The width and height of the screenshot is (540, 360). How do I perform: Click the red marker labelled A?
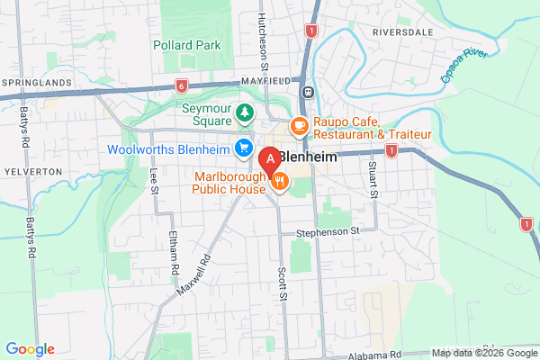(x=268, y=159)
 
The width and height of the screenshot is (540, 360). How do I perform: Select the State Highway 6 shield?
(x=181, y=85)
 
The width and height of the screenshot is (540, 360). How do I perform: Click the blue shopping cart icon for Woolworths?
(x=242, y=148)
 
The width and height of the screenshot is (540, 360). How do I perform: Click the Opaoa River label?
(x=463, y=66)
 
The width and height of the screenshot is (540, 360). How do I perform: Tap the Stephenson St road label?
(x=328, y=231)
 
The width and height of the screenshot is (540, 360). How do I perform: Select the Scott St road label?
(x=282, y=283)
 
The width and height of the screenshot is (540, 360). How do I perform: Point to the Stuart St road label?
(x=372, y=179)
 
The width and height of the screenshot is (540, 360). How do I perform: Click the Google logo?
(x=30, y=349)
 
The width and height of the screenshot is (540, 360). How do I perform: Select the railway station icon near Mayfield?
(x=308, y=92)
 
